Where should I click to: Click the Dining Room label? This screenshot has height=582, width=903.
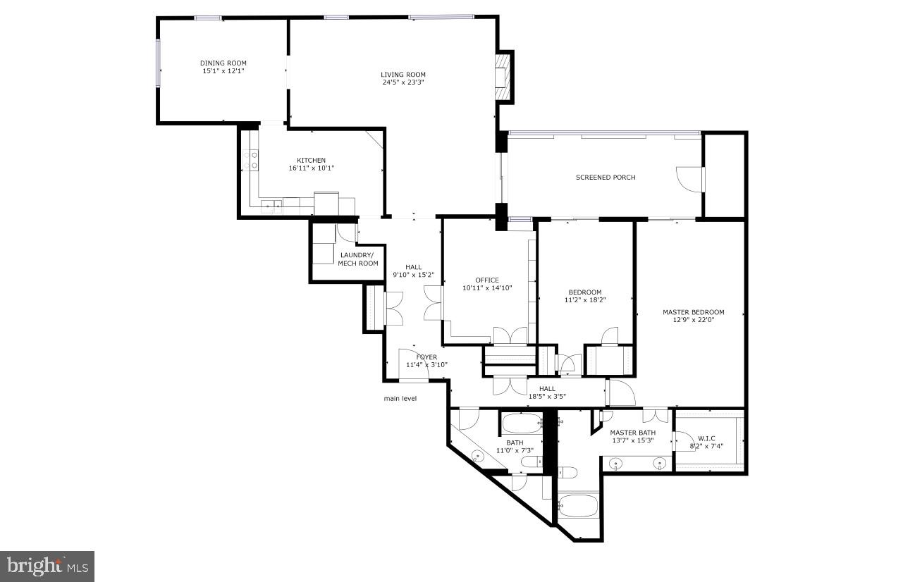223,63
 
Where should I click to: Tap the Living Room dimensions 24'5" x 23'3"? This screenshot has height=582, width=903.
403,82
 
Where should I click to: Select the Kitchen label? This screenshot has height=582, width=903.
311,160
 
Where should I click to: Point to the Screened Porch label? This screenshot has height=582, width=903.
606,178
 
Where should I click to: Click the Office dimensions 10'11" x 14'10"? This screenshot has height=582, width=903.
487,287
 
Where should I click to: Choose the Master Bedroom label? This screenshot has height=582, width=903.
694,312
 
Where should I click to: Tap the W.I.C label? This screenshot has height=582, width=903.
706,438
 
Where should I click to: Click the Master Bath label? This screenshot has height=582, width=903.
633,433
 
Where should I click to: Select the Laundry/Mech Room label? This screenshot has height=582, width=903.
358,259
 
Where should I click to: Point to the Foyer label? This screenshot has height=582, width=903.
426,357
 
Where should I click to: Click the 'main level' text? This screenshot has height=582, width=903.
400,398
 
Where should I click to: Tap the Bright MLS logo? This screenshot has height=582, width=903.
47,566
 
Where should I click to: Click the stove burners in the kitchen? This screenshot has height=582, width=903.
250,160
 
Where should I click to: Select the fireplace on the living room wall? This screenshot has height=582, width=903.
503,77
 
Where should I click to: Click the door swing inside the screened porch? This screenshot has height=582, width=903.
689,179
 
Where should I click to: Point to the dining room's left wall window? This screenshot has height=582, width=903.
159,63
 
